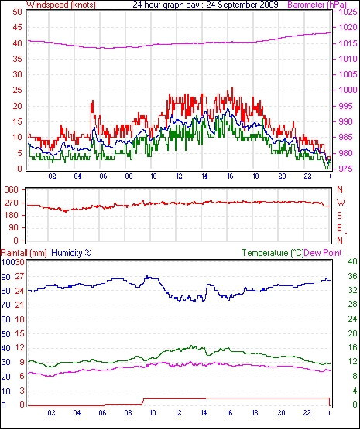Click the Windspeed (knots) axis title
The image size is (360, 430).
point(61,5)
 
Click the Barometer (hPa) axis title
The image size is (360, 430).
point(317,5)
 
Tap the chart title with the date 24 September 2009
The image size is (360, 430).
point(205,5)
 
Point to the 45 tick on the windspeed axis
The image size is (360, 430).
point(17,27)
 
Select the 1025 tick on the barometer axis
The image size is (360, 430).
point(348,12)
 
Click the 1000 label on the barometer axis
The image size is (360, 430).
point(348,90)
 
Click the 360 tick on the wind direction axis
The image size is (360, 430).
point(12,189)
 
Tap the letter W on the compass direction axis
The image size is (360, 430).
point(341,203)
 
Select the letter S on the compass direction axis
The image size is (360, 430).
point(340,216)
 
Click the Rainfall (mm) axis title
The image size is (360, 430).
point(24,253)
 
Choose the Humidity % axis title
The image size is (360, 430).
point(71,253)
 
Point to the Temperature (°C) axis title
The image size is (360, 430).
point(273,253)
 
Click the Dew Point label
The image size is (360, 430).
point(323,253)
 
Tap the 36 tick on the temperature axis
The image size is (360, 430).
point(352,276)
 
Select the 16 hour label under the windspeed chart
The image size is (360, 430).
point(230,176)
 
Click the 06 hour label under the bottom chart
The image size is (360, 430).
point(102,413)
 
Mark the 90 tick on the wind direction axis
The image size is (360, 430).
point(13,227)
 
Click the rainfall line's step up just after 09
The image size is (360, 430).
point(142,401)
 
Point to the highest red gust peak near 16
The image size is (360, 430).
point(232,87)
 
